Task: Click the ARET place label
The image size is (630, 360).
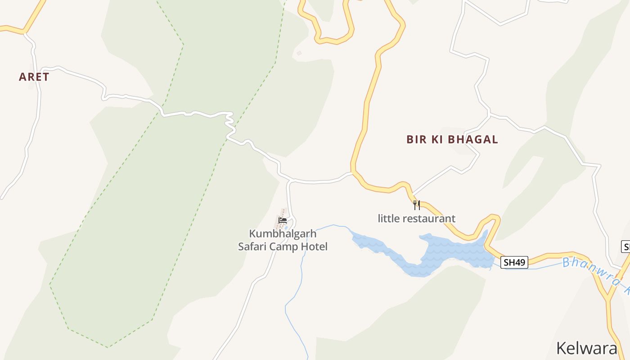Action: point(34,77)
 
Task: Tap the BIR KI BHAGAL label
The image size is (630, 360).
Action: point(452,139)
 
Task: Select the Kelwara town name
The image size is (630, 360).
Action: point(587,348)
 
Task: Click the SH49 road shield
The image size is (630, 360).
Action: point(514,262)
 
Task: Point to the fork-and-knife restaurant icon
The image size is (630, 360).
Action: point(417,205)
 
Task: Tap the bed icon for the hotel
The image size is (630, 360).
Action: point(283,220)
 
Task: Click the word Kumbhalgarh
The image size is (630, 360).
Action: point(283,234)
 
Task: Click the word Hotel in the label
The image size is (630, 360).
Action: point(316,247)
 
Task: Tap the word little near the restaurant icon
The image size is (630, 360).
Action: point(388,219)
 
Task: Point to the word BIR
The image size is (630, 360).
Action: point(416,139)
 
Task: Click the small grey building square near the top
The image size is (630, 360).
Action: point(299,53)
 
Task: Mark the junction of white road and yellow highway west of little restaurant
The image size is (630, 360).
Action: point(352,173)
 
